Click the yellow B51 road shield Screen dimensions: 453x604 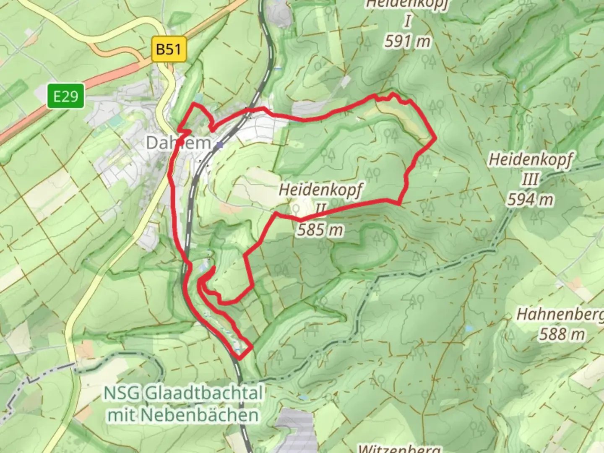[x=169, y=49]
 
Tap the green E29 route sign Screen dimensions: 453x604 [x=65, y=96]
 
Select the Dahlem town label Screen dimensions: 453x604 [x=178, y=143]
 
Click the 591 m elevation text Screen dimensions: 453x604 [x=407, y=42]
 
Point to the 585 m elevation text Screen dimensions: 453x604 [x=320, y=230]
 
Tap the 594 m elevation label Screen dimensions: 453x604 [x=530, y=200]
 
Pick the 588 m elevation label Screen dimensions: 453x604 [x=562, y=334]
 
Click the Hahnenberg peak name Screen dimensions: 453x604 [x=560, y=315]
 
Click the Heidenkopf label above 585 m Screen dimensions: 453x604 [x=320, y=190]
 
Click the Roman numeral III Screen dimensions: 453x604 [x=529, y=180]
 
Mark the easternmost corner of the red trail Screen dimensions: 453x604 [x=436, y=138]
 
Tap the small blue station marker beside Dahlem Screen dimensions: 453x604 [x=219, y=145]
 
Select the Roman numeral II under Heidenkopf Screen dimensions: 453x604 [x=320, y=208]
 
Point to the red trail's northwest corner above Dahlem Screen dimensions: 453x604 [x=194, y=103]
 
